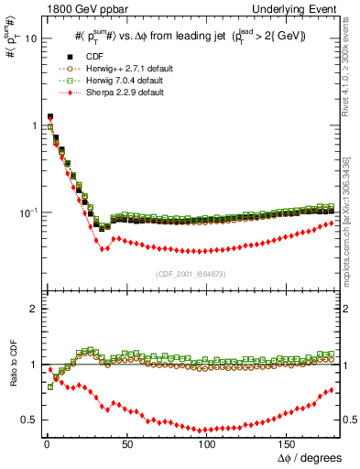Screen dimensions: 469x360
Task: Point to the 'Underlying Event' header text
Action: point(303,7)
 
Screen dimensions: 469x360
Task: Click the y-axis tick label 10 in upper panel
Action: point(29,39)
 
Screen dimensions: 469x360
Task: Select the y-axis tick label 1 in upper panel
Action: point(32,125)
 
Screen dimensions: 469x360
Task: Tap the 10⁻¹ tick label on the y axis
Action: point(27,213)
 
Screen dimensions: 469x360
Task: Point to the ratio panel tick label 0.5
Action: point(28,420)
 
